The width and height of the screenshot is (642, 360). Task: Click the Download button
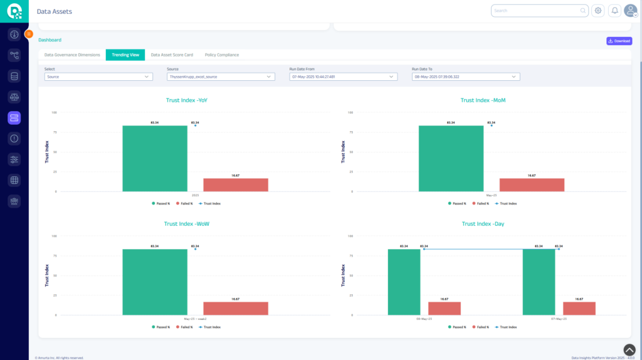coord(619,41)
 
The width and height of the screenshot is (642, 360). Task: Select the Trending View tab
coord(125,55)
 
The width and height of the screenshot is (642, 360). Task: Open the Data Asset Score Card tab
coord(172,55)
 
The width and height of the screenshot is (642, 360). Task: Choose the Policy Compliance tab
coord(221,55)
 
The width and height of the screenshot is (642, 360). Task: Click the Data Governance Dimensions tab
coord(72,55)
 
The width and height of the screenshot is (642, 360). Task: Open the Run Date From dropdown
coord(344,77)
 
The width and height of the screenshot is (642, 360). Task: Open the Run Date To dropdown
coord(466,77)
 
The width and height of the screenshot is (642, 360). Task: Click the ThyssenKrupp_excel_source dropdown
coord(221,77)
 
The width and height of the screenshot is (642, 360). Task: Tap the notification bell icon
coord(614,11)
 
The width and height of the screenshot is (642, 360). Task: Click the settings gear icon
coord(598,11)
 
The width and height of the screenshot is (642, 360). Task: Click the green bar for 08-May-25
coord(404,282)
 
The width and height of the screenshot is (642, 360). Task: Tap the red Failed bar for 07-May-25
coord(579,308)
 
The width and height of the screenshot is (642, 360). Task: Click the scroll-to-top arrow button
coord(629,349)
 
